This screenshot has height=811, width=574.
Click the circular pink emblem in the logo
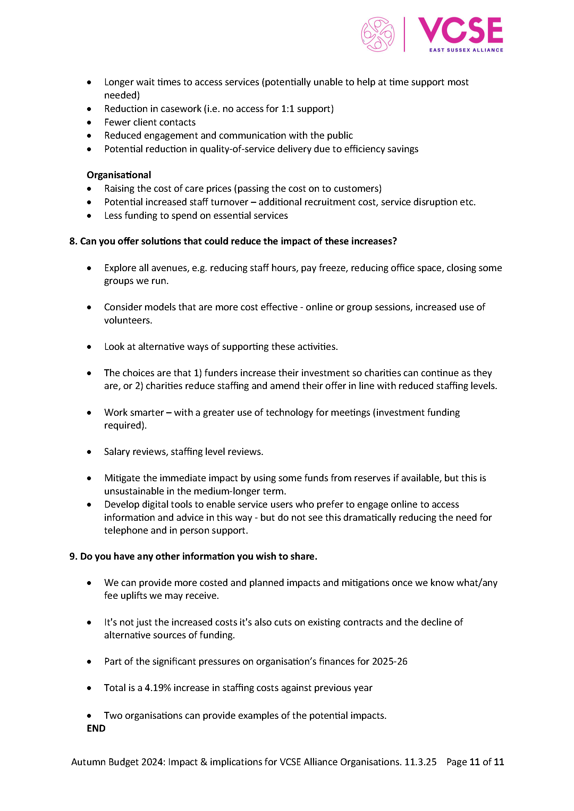click(378, 34)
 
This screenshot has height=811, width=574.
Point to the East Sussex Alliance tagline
click(466, 50)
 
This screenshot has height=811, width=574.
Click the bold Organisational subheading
click(119, 175)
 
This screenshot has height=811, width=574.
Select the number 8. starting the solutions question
click(73, 241)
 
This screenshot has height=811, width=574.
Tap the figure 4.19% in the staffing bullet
click(158, 688)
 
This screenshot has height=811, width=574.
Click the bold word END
click(96, 728)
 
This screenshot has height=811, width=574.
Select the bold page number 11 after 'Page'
click(475, 762)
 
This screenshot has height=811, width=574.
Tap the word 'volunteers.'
click(128, 320)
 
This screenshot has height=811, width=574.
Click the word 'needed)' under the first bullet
click(122, 95)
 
